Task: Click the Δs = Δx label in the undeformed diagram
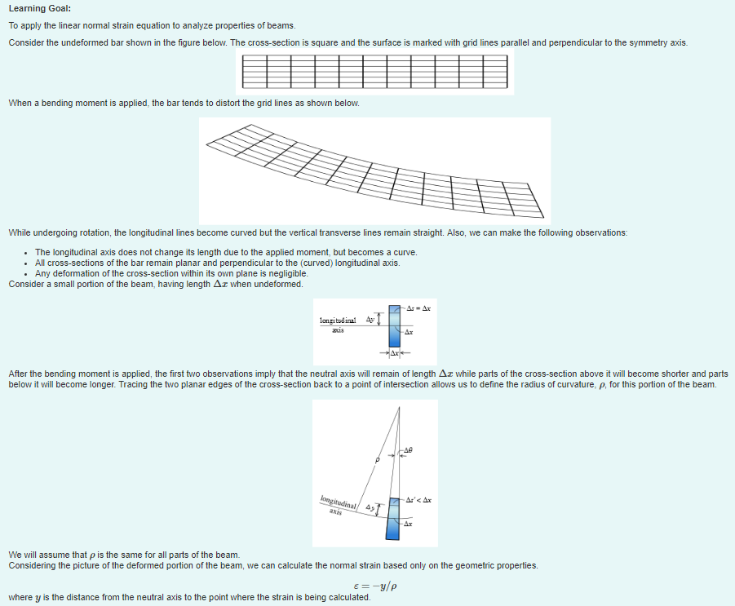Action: click(418, 309)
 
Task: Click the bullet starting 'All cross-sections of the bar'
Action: click(217, 263)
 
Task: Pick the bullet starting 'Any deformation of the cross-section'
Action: click(171, 273)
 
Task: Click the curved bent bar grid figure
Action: click(375, 170)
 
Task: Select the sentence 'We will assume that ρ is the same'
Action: click(124, 555)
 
